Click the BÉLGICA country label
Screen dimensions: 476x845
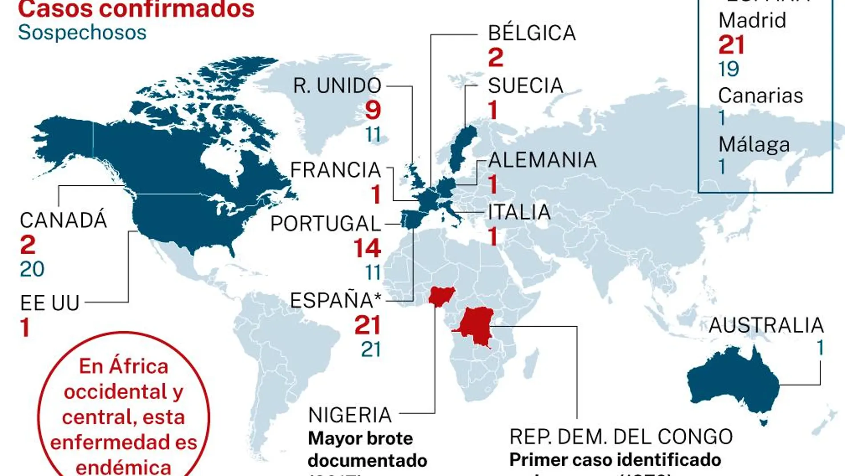click(531, 33)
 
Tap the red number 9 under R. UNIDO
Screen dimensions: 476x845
click(373, 110)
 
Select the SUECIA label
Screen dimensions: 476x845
click(525, 85)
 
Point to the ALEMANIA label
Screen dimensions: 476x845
click(542, 160)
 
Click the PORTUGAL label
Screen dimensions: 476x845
click(326, 224)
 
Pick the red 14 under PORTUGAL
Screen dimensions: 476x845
click(367, 248)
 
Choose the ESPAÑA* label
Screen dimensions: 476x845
click(335, 301)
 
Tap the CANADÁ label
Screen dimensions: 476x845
click(63, 220)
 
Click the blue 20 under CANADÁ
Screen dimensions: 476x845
click(32, 269)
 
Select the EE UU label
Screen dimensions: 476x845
click(50, 303)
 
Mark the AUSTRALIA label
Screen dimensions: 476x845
click(766, 325)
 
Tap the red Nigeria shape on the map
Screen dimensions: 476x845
click(441, 296)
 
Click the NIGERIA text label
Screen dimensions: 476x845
click(350, 415)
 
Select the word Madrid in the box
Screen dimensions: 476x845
click(752, 20)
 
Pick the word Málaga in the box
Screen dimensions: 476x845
click(754, 144)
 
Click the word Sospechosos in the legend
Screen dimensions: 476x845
click(82, 33)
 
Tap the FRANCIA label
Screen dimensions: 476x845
click(335, 170)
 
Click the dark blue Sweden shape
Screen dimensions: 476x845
click(463, 145)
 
